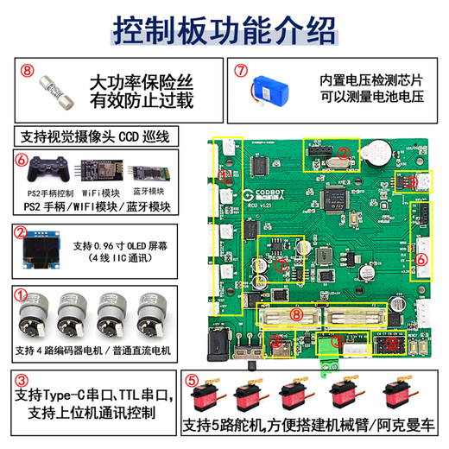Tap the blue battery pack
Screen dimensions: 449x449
[275, 89]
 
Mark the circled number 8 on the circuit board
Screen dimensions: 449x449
[296, 316]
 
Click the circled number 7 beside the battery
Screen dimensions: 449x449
[242, 73]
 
